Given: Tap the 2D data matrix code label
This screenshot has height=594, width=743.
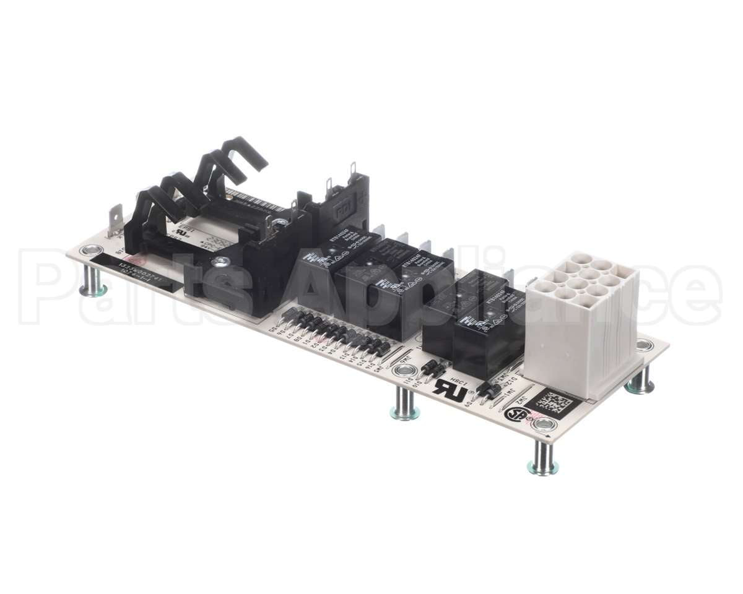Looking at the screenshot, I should (556, 402).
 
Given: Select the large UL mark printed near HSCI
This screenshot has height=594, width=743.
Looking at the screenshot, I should (449, 387).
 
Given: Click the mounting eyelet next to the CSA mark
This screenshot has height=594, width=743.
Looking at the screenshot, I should (544, 424).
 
